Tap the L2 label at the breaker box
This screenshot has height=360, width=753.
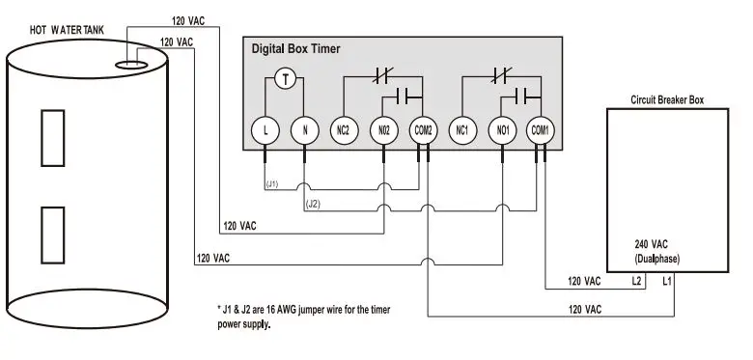coord(636,281)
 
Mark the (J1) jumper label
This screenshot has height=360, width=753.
coord(272,183)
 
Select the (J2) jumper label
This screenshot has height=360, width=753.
coord(313,204)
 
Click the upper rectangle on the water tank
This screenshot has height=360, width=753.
coord(51,137)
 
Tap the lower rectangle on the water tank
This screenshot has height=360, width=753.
coord(51,234)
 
